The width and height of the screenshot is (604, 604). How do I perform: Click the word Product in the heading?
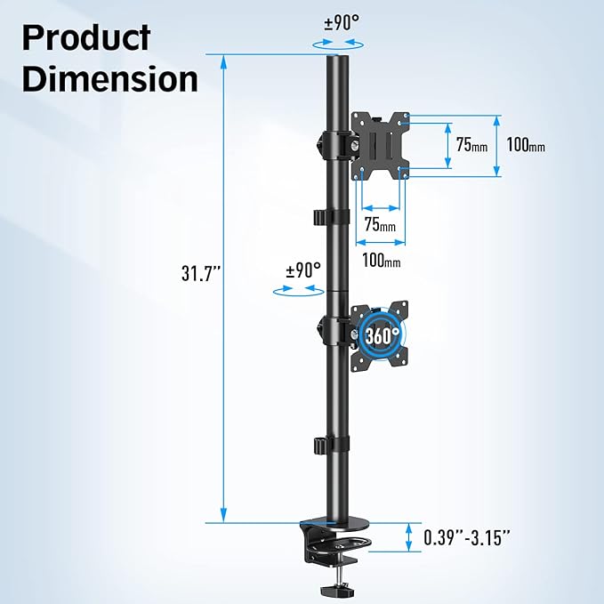[87, 38]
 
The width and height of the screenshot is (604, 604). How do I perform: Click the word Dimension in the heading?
[109, 78]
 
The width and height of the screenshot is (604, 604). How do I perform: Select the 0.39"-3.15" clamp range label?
[468, 537]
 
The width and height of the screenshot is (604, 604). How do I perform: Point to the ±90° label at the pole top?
[340, 23]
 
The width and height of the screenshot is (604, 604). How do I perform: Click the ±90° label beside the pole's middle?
[302, 270]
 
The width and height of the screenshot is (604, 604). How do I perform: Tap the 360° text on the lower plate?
[380, 335]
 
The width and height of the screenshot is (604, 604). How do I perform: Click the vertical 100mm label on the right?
[526, 145]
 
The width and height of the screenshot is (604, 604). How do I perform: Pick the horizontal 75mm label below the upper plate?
[380, 225]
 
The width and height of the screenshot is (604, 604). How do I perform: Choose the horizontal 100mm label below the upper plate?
[381, 261]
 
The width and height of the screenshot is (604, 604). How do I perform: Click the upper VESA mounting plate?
[381, 143]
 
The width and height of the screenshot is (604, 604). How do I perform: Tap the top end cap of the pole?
[339, 60]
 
